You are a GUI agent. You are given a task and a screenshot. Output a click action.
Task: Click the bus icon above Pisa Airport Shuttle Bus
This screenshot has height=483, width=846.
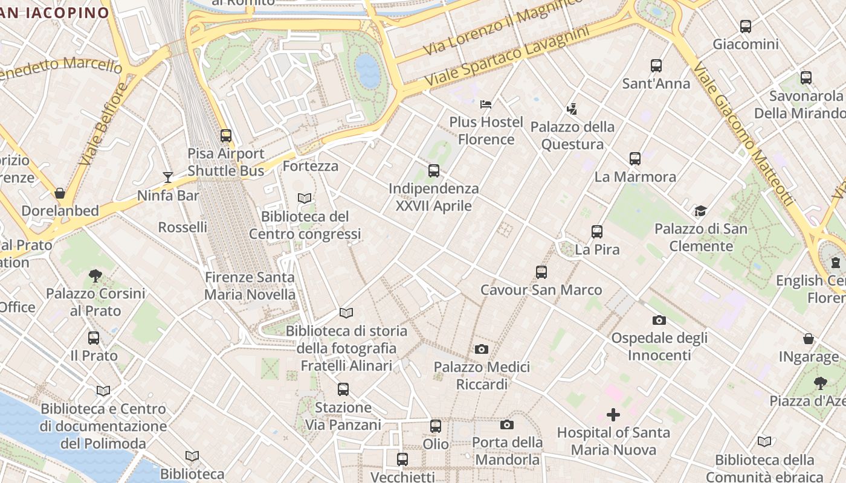(226, 136)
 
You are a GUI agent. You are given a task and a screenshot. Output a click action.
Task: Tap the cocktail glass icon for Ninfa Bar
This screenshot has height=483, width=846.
(168, 178)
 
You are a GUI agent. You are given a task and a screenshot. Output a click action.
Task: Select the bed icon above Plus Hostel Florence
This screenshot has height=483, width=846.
(486, 104)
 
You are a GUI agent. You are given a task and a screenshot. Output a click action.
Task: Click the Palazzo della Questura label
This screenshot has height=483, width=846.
(572, 136)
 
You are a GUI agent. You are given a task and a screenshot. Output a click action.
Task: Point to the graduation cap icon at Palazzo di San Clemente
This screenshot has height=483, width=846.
(700, 211)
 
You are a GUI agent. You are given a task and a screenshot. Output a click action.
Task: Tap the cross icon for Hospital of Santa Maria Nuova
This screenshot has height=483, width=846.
(613, 415)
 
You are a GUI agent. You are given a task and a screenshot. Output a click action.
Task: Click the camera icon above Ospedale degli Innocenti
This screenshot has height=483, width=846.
(659, 320)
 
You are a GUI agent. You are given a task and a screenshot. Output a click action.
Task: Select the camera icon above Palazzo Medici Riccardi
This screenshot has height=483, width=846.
(482, 349)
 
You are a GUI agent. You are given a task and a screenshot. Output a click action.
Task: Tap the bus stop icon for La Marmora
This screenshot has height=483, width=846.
(635, 159)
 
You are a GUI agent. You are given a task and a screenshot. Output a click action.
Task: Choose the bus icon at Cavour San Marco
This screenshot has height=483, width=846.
(541, 272)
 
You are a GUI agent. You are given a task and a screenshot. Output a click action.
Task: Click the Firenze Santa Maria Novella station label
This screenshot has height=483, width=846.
(250, 286)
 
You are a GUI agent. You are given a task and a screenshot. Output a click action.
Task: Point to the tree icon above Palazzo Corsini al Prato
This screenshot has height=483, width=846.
(95, 276)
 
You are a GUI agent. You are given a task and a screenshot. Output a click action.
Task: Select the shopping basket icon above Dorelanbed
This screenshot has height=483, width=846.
(60, 193)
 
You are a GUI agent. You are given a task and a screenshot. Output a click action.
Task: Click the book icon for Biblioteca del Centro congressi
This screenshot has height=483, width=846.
(305, 198)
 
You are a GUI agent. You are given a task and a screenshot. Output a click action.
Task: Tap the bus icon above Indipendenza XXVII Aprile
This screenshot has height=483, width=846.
(434, 171)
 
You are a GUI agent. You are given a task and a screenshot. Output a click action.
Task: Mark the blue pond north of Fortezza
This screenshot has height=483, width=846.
(368, 71)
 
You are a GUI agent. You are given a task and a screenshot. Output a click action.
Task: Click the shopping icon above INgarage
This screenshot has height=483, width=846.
(809, 339)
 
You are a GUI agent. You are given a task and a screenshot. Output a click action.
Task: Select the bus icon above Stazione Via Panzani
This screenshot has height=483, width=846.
(343, 389)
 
